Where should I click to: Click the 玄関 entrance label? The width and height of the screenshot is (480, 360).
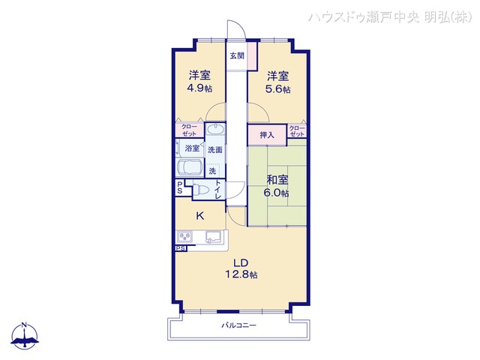(x=236, y=55)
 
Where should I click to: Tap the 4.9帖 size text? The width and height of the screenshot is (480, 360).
(x=200, y=88)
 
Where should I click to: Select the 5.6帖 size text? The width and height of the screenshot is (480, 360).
(x=278, y=88)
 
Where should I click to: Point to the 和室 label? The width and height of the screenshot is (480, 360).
(x=277, y=179)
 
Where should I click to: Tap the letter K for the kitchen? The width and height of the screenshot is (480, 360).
(x=199, y=216)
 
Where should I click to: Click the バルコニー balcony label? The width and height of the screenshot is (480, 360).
(x=239, y=325)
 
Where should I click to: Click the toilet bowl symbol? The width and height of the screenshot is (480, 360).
(x=202, y=190)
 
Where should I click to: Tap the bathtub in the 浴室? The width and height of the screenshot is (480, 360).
(x=190, y=167)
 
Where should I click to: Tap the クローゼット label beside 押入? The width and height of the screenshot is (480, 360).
(x=297, y=133)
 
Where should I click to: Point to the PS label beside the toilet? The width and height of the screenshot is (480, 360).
(x=180, y=187)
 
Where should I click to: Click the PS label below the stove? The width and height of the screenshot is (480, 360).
(x=181, y=249)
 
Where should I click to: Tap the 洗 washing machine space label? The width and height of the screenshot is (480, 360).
(x=212, y=170)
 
